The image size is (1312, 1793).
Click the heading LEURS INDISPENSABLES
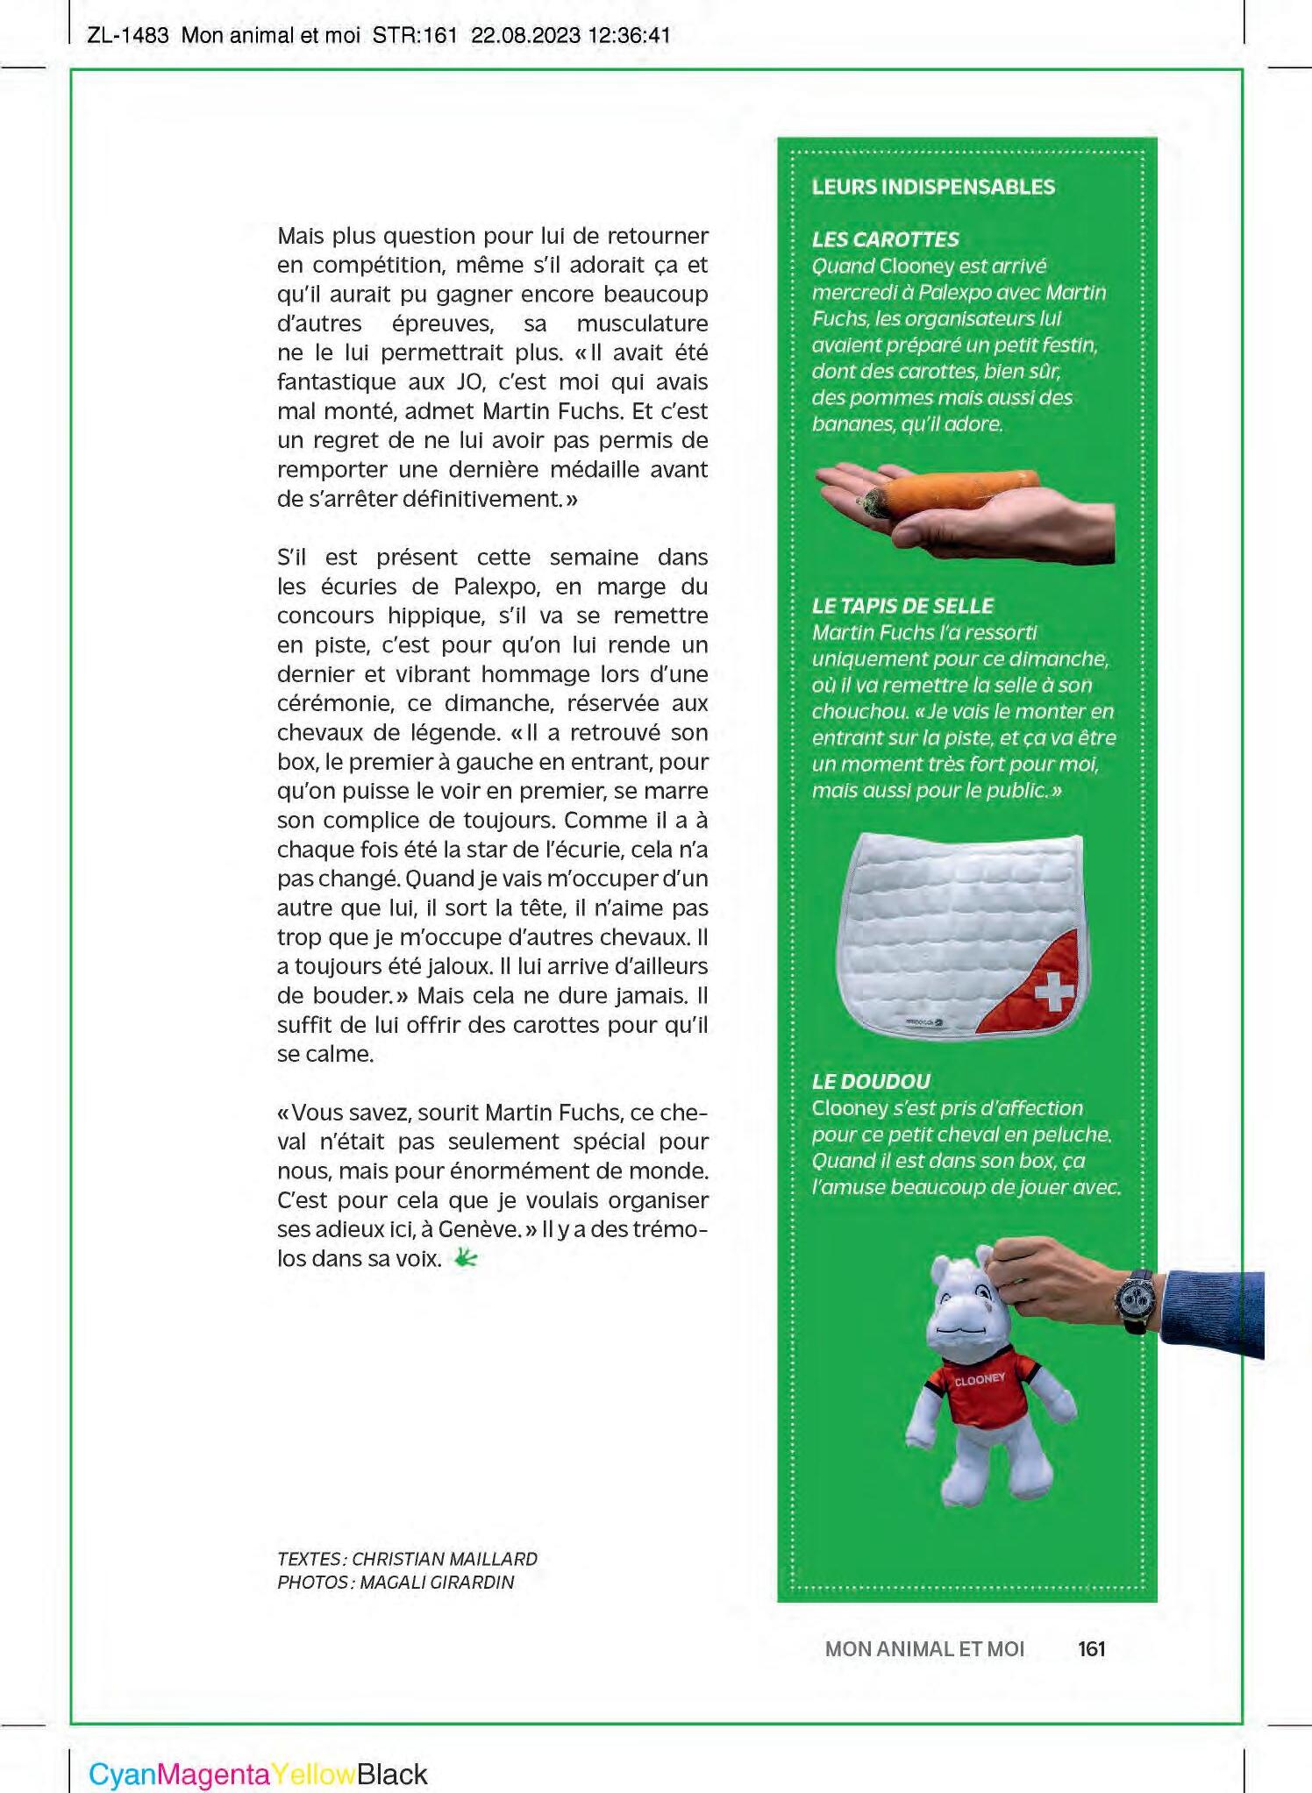[x=933, y=187]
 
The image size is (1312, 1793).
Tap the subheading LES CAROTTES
[x=885, y=239]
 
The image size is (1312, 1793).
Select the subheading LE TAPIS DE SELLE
[x=902, y=606]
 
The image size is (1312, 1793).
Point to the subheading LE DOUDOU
[x=871, y=1081]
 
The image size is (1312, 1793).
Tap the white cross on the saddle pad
[x=1054, y=992]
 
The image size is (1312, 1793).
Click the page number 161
[x=1091, y=1649]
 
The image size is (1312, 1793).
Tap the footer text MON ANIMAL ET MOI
[x=924, y=1649]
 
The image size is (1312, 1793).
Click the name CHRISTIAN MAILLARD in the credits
[x=445, y=1559]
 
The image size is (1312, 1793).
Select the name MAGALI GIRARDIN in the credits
[x=437, y=1583]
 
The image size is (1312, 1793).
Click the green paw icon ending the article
[x=465, y=1259]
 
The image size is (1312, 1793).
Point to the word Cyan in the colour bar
[x=122, y=1775]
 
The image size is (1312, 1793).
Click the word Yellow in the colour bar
[x=313, y=1775]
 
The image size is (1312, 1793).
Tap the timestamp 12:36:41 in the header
[x=630, y=36]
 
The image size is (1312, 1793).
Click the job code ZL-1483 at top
[x=128, y=36]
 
